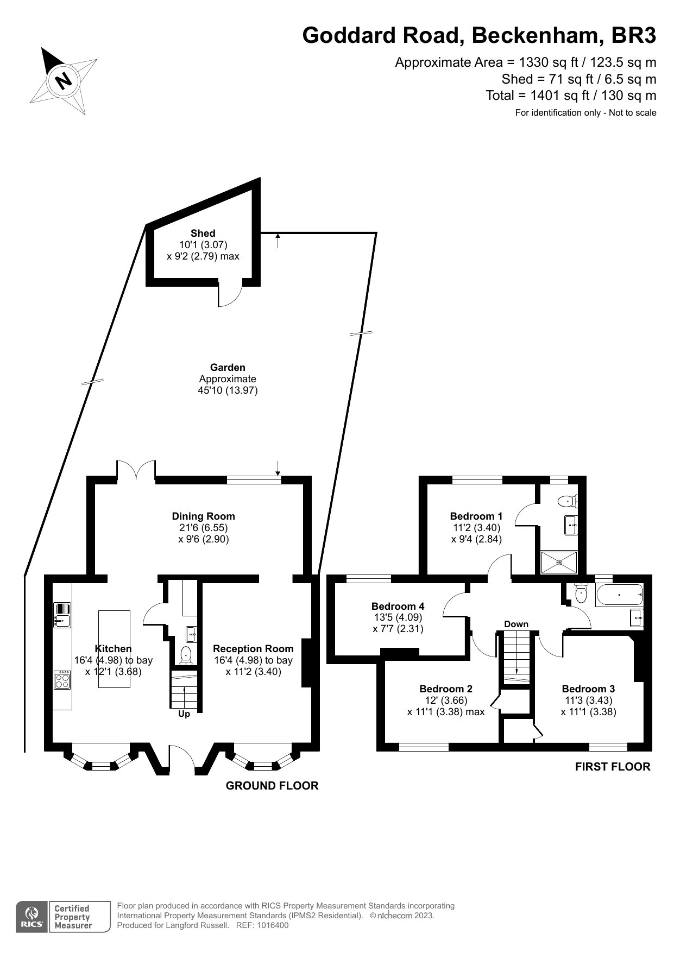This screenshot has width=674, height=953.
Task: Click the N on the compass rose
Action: [64, 81]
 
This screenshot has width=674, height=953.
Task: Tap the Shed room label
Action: [203, 233]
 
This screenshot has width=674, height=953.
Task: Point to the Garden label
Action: [228, 368]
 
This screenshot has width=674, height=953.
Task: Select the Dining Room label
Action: [203, 516]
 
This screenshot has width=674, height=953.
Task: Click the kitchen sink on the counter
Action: [62, 615]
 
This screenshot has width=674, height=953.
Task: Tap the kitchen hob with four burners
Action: [62, 680]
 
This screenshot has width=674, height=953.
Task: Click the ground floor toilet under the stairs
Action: [186, 655]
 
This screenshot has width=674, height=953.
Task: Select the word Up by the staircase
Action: [184, 714]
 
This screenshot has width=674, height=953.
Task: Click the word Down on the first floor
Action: [516, 624]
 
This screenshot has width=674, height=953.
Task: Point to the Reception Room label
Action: [253, 648]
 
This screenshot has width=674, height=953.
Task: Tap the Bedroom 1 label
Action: [476, 516]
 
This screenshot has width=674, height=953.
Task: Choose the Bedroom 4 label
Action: [398, 606]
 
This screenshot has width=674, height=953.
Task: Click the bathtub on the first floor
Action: [619, 596]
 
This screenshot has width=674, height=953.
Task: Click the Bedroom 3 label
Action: [588, 689]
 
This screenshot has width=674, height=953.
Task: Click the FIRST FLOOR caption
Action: [613, 767]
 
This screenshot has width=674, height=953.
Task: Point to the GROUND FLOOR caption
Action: [272, 786]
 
